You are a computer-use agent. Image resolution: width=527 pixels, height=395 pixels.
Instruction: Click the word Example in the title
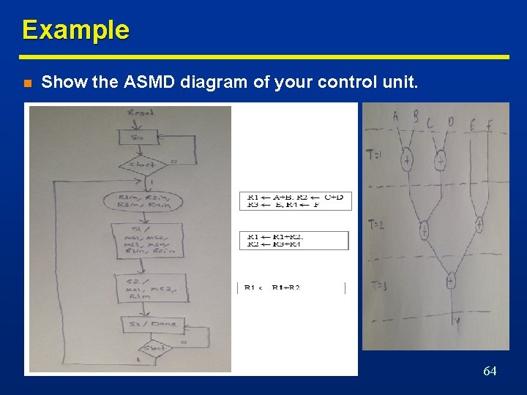(75, 30)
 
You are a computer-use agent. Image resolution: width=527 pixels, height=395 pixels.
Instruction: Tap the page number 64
(490, 372)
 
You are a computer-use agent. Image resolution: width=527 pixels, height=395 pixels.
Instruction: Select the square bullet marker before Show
(27, 83)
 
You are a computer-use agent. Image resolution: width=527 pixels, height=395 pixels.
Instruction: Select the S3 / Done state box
(152, 324)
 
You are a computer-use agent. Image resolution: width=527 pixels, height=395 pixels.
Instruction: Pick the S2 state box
(151, 288)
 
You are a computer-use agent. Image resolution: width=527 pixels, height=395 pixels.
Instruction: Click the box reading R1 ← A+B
(295, 200)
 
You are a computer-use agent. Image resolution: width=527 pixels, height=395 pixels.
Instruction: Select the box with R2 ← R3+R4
(294, 241)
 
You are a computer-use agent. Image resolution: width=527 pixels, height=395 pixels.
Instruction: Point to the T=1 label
(374, 154)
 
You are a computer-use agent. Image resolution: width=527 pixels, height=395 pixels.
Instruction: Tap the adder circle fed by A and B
(406, 160)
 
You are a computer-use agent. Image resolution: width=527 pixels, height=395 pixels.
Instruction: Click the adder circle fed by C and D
(440, 160)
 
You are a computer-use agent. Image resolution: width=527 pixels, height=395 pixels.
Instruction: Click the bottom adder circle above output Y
(451, 280)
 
